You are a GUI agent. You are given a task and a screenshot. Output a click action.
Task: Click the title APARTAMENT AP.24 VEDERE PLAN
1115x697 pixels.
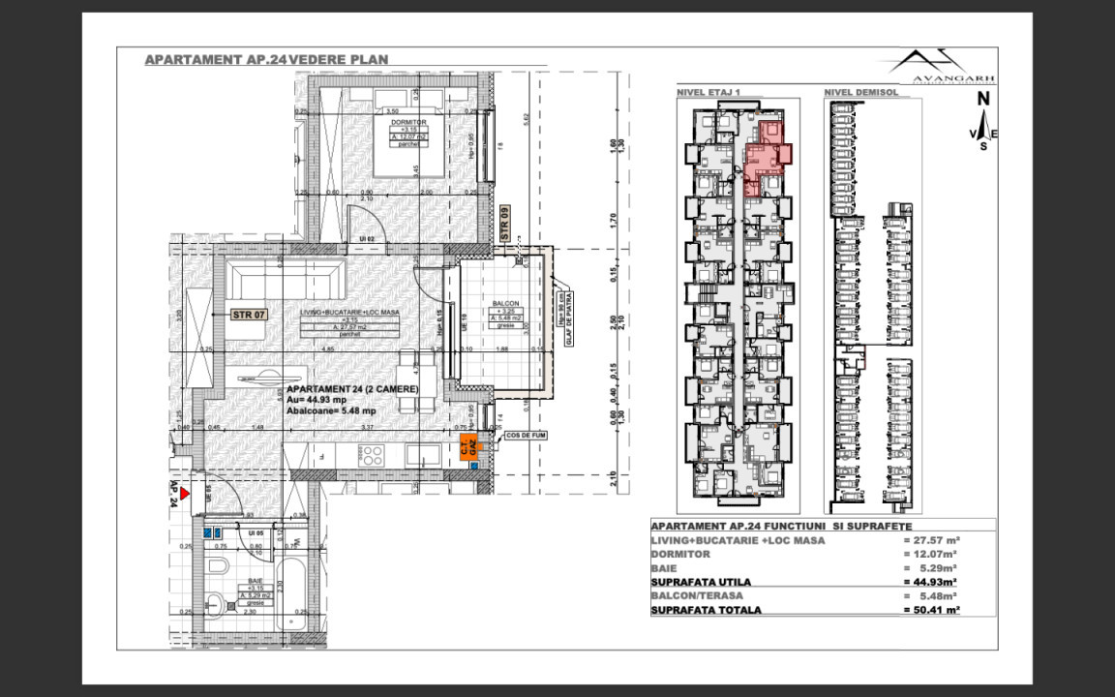point(266,59)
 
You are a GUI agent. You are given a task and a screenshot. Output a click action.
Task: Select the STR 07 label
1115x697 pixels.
point(249,315)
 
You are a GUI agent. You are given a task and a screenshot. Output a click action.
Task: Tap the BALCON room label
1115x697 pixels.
point(505,302)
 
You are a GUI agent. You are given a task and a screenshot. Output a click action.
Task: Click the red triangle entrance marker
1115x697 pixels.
point(183,493)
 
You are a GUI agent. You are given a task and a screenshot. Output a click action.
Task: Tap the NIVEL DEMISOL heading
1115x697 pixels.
point(860,93)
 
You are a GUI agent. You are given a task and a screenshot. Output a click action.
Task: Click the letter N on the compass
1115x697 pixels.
point(982,98)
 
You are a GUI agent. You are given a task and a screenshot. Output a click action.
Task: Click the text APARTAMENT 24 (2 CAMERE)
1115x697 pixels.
point(351,388)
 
